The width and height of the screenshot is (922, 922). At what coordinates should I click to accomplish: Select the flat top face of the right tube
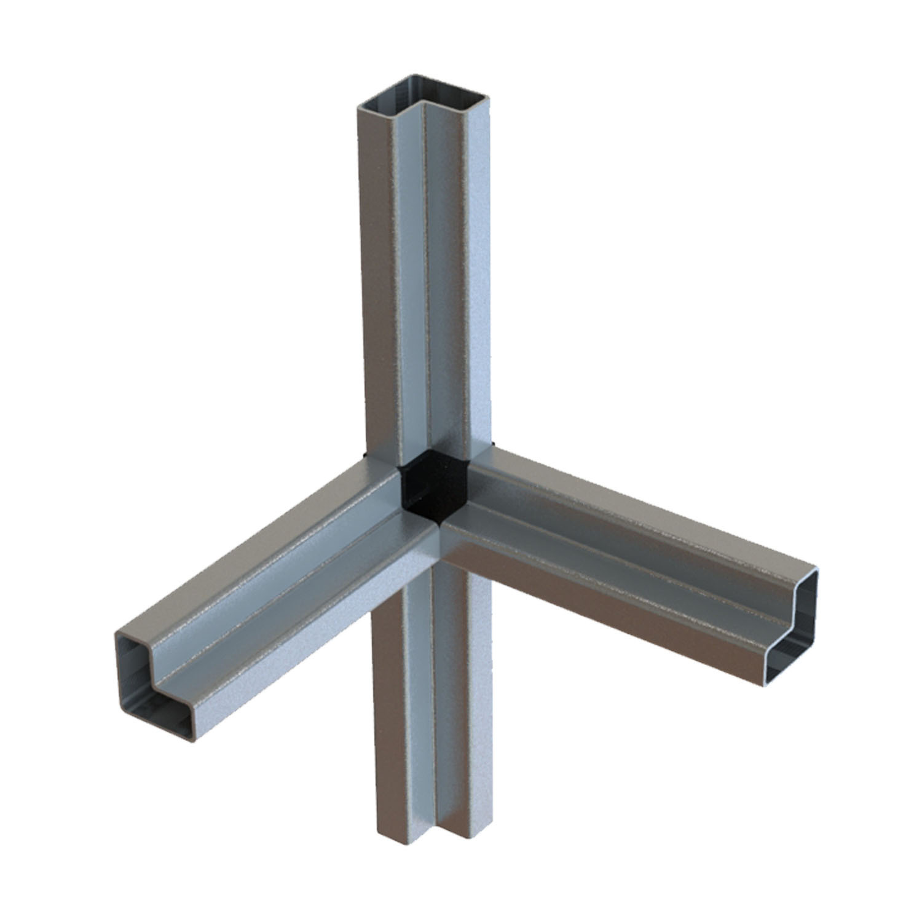click(645, 504)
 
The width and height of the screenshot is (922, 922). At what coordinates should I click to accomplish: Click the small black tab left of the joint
click(365, 454)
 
